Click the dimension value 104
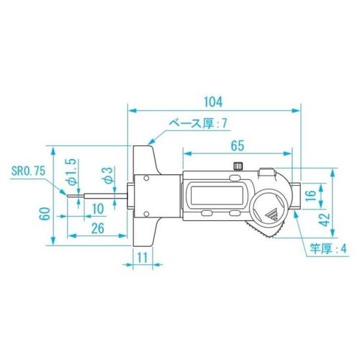(214, 100)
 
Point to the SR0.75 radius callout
(28, 172)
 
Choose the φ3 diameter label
(106, 174)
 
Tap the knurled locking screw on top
(238, 166)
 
